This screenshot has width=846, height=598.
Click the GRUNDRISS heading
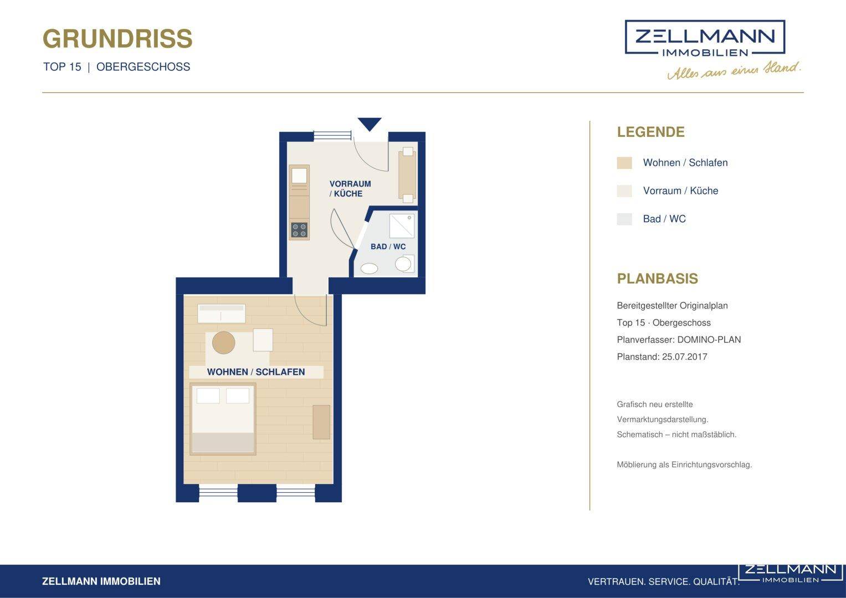(x=117, y=39)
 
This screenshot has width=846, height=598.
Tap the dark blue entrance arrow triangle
(x=370, y=123)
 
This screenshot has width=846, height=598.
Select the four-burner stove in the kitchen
(x=299, y=230)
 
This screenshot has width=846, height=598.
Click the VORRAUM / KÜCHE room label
(x=350, y=189)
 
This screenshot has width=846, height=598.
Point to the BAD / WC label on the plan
(x=388, y=246)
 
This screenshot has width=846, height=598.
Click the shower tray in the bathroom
(x=402, y=226)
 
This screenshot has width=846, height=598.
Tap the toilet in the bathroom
(x=404, y=263)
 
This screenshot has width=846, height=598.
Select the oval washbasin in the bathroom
(x=369, y=269)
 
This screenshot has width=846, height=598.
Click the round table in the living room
(x=224, y=342)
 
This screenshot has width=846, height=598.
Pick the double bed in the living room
(x=223, y=419)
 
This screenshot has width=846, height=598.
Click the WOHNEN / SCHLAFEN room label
(x=256, y=372)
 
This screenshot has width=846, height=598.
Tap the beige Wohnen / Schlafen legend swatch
(x=624, y=163)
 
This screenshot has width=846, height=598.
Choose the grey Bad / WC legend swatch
(x=624, y=219)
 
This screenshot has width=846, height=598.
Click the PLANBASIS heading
(x=657, y=279)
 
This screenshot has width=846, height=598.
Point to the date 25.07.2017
(x=684, y=357)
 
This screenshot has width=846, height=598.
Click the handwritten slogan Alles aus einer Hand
(x=734, y=70)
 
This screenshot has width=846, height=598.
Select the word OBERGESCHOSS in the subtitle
(x=143, y=67)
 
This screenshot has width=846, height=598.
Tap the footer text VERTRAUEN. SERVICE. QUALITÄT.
(x=663, y=582)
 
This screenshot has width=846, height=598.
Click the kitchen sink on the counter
(x=299, y=176)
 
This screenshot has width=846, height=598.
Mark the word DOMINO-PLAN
(x=709, y=340)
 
